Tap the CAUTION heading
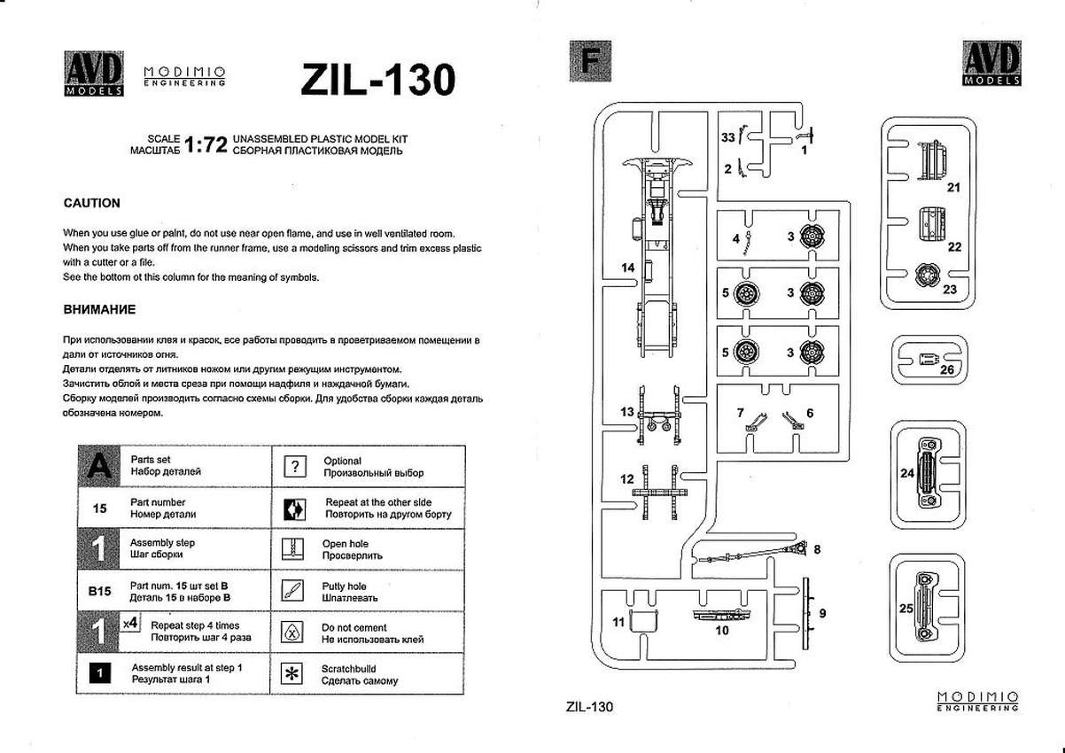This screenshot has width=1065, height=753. click(92, 203)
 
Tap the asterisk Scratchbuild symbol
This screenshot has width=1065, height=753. click(291, 673)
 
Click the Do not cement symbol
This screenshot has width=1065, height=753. click(291, 632)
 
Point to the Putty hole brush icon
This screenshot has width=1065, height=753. click(291, 591)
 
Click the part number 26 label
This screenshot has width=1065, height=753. click(946, 370)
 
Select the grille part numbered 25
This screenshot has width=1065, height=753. click(926, 603)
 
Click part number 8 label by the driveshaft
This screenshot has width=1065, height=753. click(816, 549)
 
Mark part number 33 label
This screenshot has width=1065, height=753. click(727, 138)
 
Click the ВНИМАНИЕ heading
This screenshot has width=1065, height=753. click(99, 310)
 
